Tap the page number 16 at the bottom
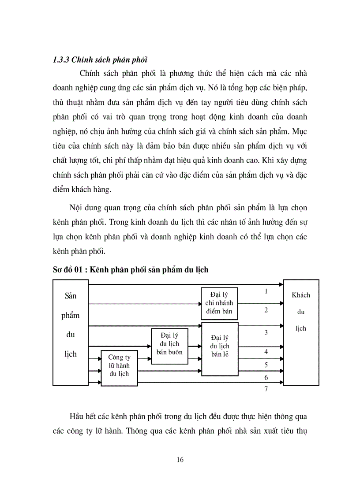pyautogui.click(x=180, y=460)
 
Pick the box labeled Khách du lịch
pyautogui.click(x=301, y=332)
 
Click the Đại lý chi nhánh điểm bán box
pyautogui.click(x=219, y=303)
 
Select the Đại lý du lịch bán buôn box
pyautogui.click(x=170, y=346)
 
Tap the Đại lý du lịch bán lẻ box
pyautogui.click(x=220, y=349)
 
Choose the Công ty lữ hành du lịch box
pyautogui.click(x=119, y=367)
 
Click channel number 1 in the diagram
pyautogui.click(x=266, y=291)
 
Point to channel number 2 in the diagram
pyautogui.click(x=266, y=310)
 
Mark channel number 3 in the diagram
pyautogui.click(x=266, y=332)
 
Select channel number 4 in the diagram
pyautogui.click(x=266, y=352)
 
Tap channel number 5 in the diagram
pyautogui.click(x=266, y=365)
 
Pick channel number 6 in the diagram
pyautogui.click(x=266, y=378)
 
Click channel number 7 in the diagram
pyautogui.click(x=266, y=389)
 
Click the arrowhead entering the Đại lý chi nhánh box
pyautogui.click(x=199, y=303)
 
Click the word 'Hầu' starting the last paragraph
pyautogui.click(x=76, y=417)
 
